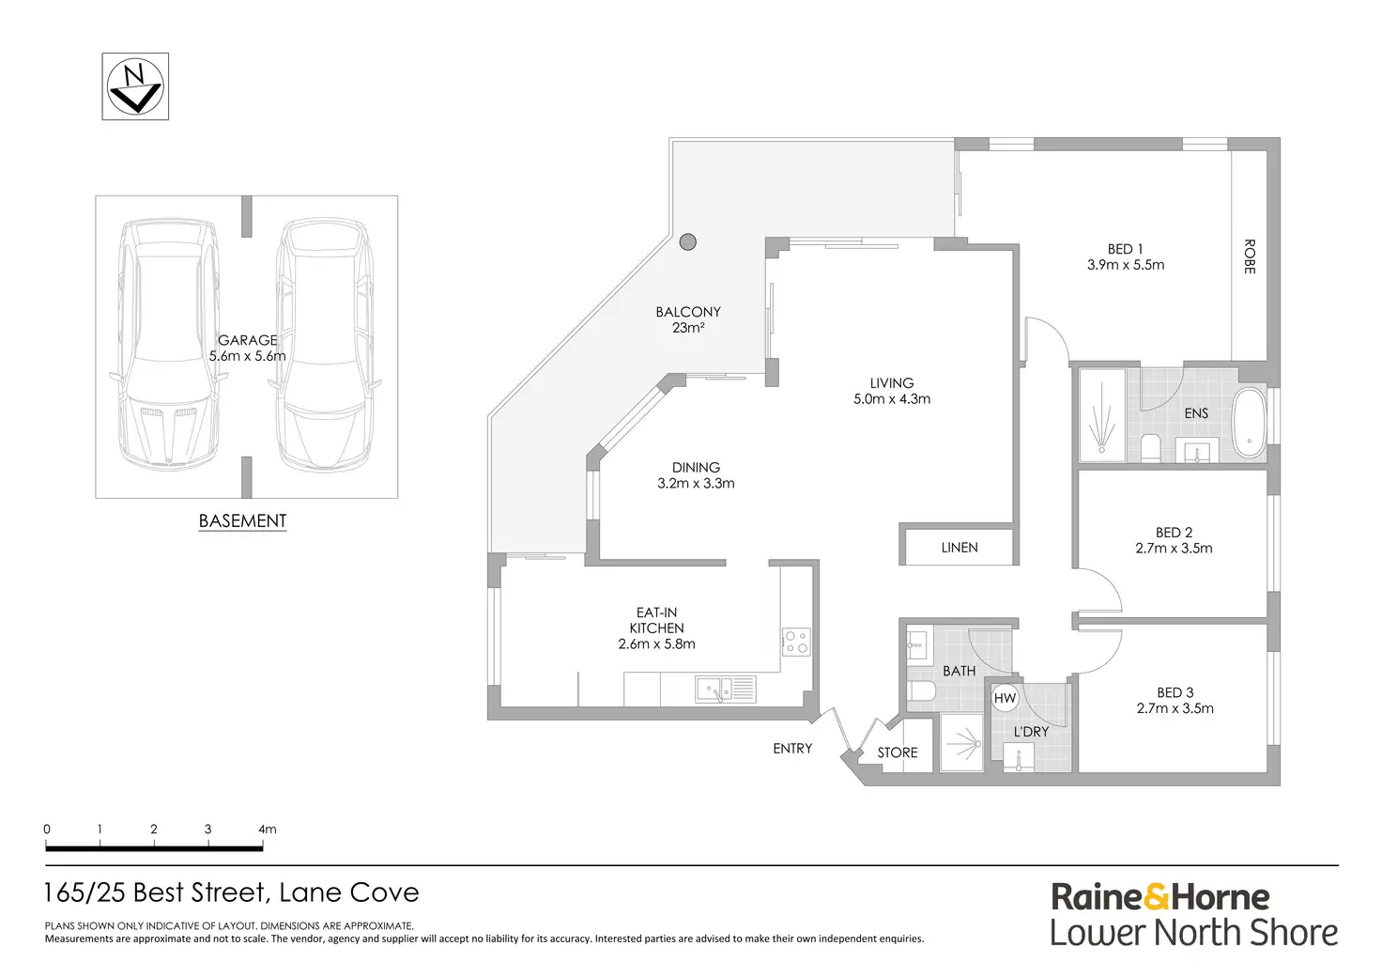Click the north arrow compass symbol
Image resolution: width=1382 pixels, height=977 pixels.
tap(135, 86)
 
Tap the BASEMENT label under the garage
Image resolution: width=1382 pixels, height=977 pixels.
tap(242, 521)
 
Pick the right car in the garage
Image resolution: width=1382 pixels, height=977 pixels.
tap(324, 345)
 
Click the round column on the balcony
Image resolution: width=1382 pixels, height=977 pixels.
tap(688, 241)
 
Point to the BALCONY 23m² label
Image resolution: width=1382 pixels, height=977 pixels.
tap(688, 319)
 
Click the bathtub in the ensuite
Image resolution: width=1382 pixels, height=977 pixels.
tap(1250, 425)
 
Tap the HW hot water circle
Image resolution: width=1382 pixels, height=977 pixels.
tap(1005, 698)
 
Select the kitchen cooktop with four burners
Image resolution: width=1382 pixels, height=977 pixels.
tap(796, 643)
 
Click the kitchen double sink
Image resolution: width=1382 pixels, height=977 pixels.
tap(725, 690)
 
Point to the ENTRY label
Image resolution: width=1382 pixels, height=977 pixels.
tap(792, 749)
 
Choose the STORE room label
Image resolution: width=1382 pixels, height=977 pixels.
tap(898, 752)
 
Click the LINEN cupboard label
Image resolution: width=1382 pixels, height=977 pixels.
tap(960, 548)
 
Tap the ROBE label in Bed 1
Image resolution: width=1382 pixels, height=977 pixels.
tap(1250, 256)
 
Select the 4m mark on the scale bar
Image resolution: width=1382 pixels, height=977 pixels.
tap(267, 830)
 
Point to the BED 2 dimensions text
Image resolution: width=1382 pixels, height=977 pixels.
tap(1174, 549)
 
